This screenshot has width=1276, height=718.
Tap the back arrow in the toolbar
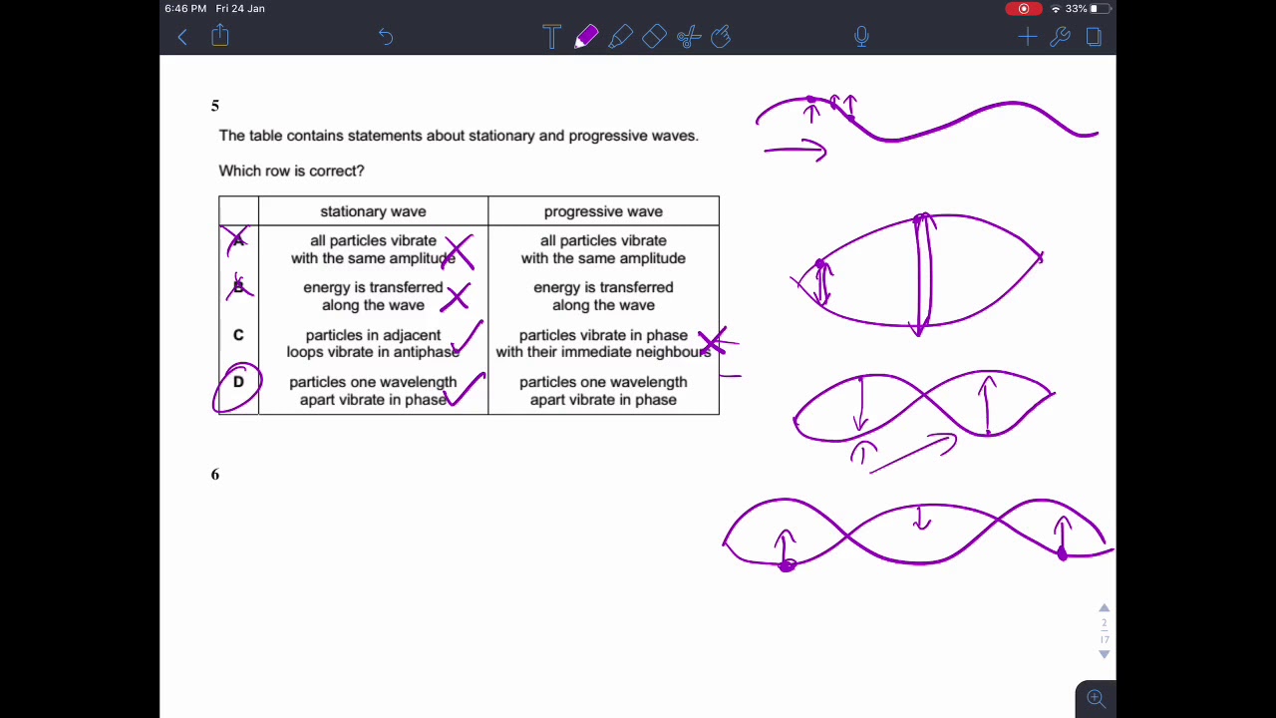(182, 38)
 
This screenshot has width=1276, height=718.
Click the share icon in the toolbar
(220, 35)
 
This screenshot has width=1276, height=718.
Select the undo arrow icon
(386, 37)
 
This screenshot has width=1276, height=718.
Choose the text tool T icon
(551, 37)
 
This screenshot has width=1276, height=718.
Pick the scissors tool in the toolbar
(689, 37)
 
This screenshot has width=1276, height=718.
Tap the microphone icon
(861, 37)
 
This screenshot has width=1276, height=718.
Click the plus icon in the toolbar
(1028, 38)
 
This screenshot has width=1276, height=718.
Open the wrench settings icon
(1060, 37)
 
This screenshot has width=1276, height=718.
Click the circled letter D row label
(238, 382)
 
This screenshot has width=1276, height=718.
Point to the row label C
(238, 334)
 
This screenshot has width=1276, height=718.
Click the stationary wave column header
(373, 211)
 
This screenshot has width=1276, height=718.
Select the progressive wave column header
(603, 211)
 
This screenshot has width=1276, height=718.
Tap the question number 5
(214, 106)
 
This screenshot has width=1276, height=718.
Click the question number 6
(214, 475)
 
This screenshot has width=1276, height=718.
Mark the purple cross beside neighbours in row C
(714, 341)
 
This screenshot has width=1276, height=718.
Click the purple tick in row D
(466, 389)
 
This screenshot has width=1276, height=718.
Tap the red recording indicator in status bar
(1023, 9)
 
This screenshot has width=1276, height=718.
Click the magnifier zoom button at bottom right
(1096, 698)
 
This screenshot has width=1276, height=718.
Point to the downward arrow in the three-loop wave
(921, 518)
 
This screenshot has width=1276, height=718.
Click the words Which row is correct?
(291, 171)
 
